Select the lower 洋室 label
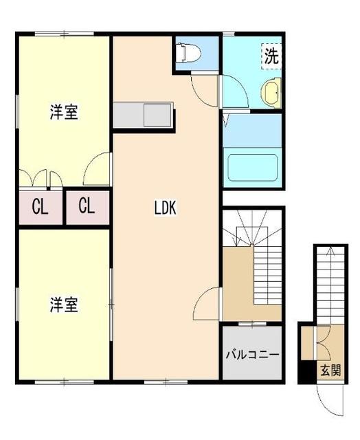[63, 303]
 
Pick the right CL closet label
[87, 206]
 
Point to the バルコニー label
[252, 355]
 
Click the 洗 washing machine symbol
[272, 56]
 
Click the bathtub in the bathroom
[252, 166]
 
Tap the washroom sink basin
[272, 93]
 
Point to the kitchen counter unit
[144, 115]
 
